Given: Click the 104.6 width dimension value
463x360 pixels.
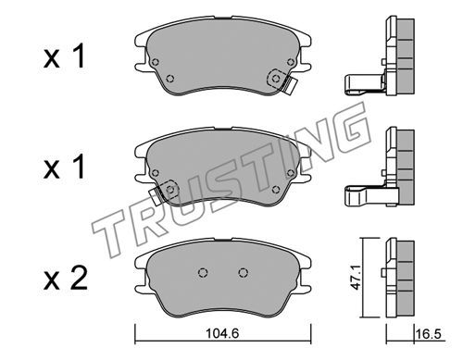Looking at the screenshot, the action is click(x=222, y=333).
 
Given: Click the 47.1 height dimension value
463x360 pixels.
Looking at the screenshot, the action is click(x=357, y=280).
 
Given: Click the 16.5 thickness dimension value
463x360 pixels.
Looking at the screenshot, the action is click(x=428, y=334).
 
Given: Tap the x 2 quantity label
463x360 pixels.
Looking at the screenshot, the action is click(x=66, y=279).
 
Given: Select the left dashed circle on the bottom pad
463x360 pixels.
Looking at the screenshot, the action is click(x=203, y=272).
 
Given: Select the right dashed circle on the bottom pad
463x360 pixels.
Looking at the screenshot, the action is click(x=244, y=272).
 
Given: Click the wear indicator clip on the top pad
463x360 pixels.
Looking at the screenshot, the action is click(x=290, y=86).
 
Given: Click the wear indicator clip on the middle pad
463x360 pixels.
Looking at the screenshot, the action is click(x=156, y=197).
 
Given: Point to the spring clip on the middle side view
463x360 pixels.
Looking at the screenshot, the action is click(x=366, y=195).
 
